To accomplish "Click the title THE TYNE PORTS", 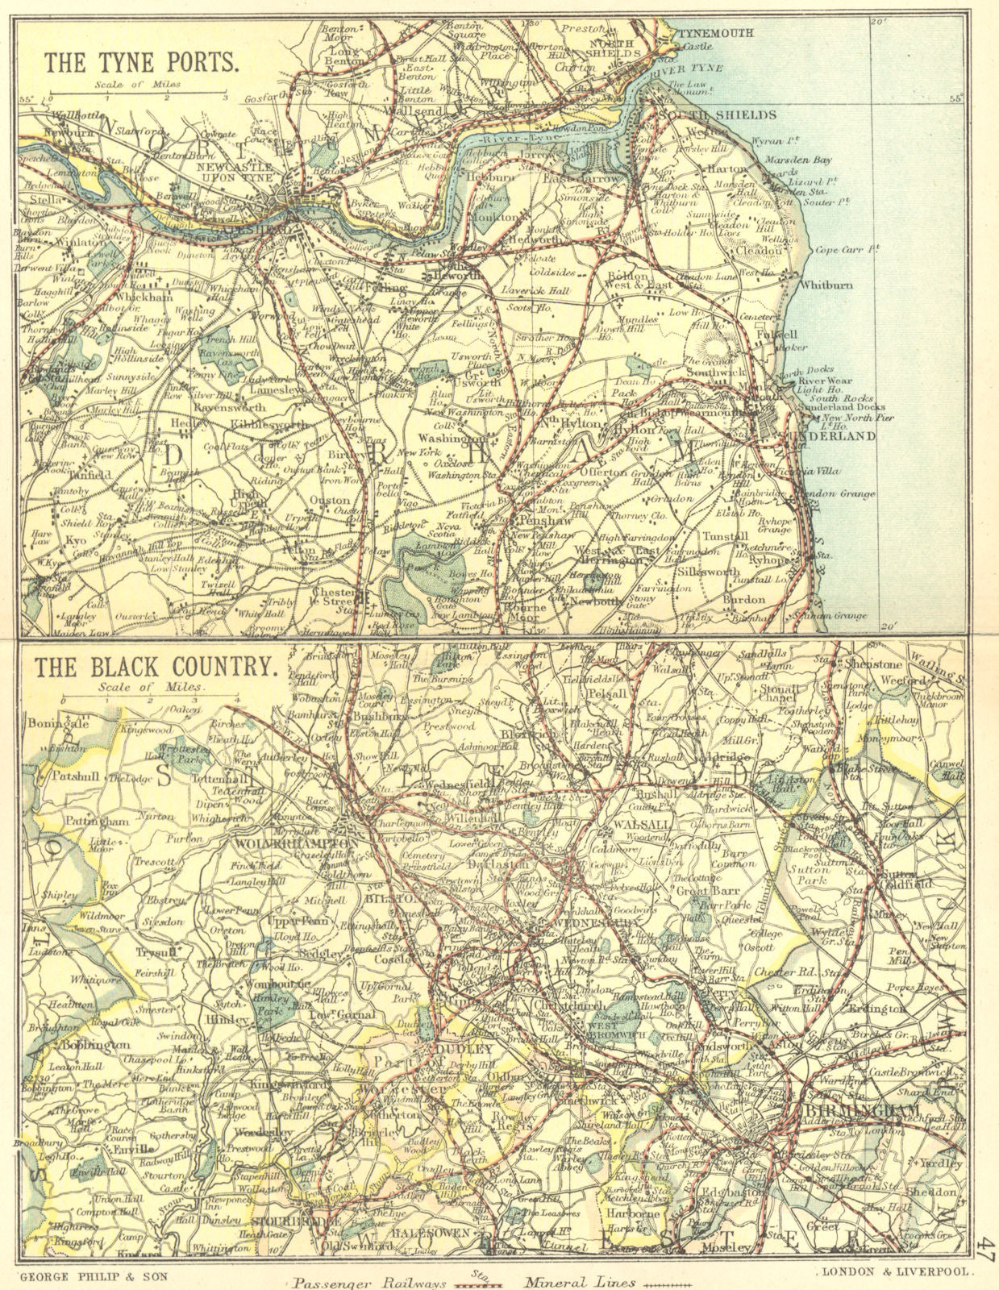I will click(x=141, y=62).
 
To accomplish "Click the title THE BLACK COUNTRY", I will click(x=156, y=667).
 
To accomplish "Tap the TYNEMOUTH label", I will click(x=715, y=34).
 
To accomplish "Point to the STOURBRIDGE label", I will click(x=298, y=1221).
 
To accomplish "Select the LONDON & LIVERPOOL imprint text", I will click(x=897, y=1271).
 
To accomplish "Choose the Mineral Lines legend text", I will click(x=580, y=1282).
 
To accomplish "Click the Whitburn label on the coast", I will click(x=824, y=285).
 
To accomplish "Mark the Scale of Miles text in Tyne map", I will click(x=136, y=84).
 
